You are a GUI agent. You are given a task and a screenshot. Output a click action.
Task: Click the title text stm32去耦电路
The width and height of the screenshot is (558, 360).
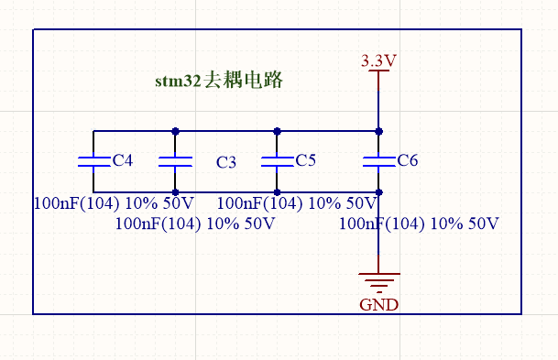tap(219, 81)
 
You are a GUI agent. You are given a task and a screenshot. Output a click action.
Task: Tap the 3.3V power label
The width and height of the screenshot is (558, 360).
tap(378, 60)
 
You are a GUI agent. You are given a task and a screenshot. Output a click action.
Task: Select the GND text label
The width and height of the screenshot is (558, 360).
tap(378, 305)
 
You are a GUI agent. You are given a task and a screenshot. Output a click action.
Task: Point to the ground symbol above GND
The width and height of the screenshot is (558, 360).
tap(378, 283)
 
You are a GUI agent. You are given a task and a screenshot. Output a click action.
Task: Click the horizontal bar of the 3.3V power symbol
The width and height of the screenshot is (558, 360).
tap(378, 71)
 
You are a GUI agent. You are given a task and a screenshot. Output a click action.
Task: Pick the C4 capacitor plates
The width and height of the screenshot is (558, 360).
tap(93, 161)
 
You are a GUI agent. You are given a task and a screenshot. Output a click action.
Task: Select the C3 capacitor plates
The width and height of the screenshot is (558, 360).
tap(175, 161)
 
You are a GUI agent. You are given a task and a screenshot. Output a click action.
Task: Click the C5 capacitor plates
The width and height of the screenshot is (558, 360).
tap(277, 161)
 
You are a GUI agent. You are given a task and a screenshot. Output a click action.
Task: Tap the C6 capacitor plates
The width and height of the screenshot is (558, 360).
tap(378, 161)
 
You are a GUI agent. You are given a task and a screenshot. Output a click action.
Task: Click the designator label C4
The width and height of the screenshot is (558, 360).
tap(122, 160)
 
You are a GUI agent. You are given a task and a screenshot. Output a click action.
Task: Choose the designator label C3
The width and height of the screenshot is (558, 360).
tap(226, 163)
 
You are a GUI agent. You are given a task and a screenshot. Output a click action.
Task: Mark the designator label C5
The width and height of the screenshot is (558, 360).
tap(306, 160)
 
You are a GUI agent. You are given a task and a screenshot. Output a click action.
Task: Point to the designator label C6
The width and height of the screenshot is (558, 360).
tap(408, 160)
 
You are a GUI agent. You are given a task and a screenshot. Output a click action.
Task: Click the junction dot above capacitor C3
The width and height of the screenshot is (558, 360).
tap(175, 131)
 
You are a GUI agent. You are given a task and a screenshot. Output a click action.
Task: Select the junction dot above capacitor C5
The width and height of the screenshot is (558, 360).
tap(277, 131)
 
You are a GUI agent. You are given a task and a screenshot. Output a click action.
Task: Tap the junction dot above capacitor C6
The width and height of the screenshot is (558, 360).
tap(378, 131)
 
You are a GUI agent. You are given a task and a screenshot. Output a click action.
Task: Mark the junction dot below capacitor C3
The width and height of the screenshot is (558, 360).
tap(175, 191)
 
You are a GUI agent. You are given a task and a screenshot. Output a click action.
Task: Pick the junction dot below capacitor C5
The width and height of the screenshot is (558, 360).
tap(277, 191)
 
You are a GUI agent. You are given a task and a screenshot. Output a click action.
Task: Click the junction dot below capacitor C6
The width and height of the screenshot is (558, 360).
tap(378, 191)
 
